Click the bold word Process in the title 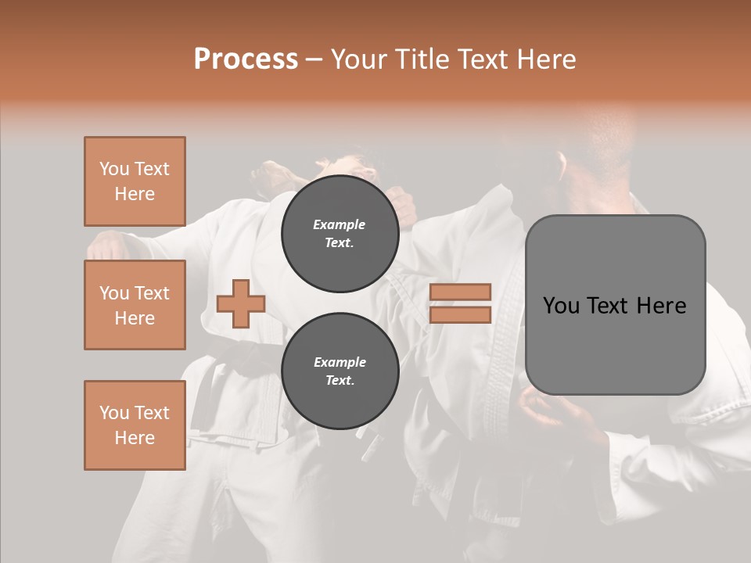pyautogui.click(x=246, y=59)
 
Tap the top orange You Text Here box pyautogui.click(x=135, y=181)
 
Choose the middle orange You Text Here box pyautogui.click(x=135, y=305)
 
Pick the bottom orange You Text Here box pyautogui.click(x=135, y=425)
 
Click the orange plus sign pyautogui.click(x=241, y=304)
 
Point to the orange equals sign pyautogui.click(x=461, y=303)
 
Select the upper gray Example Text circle pyautogui.click(x=340, y=233)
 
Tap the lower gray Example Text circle pyautogui.click(x=340, y=371)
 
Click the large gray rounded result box pyautogui.click(x=615, y=305)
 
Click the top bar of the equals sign pyautogui.click(x=461, y=292)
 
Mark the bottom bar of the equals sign pyautogui.click(x=461, y=315)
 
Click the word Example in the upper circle pyautogui.click(x=340, y=224)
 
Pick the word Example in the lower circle pyautogui.click(x=340, y=362)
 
